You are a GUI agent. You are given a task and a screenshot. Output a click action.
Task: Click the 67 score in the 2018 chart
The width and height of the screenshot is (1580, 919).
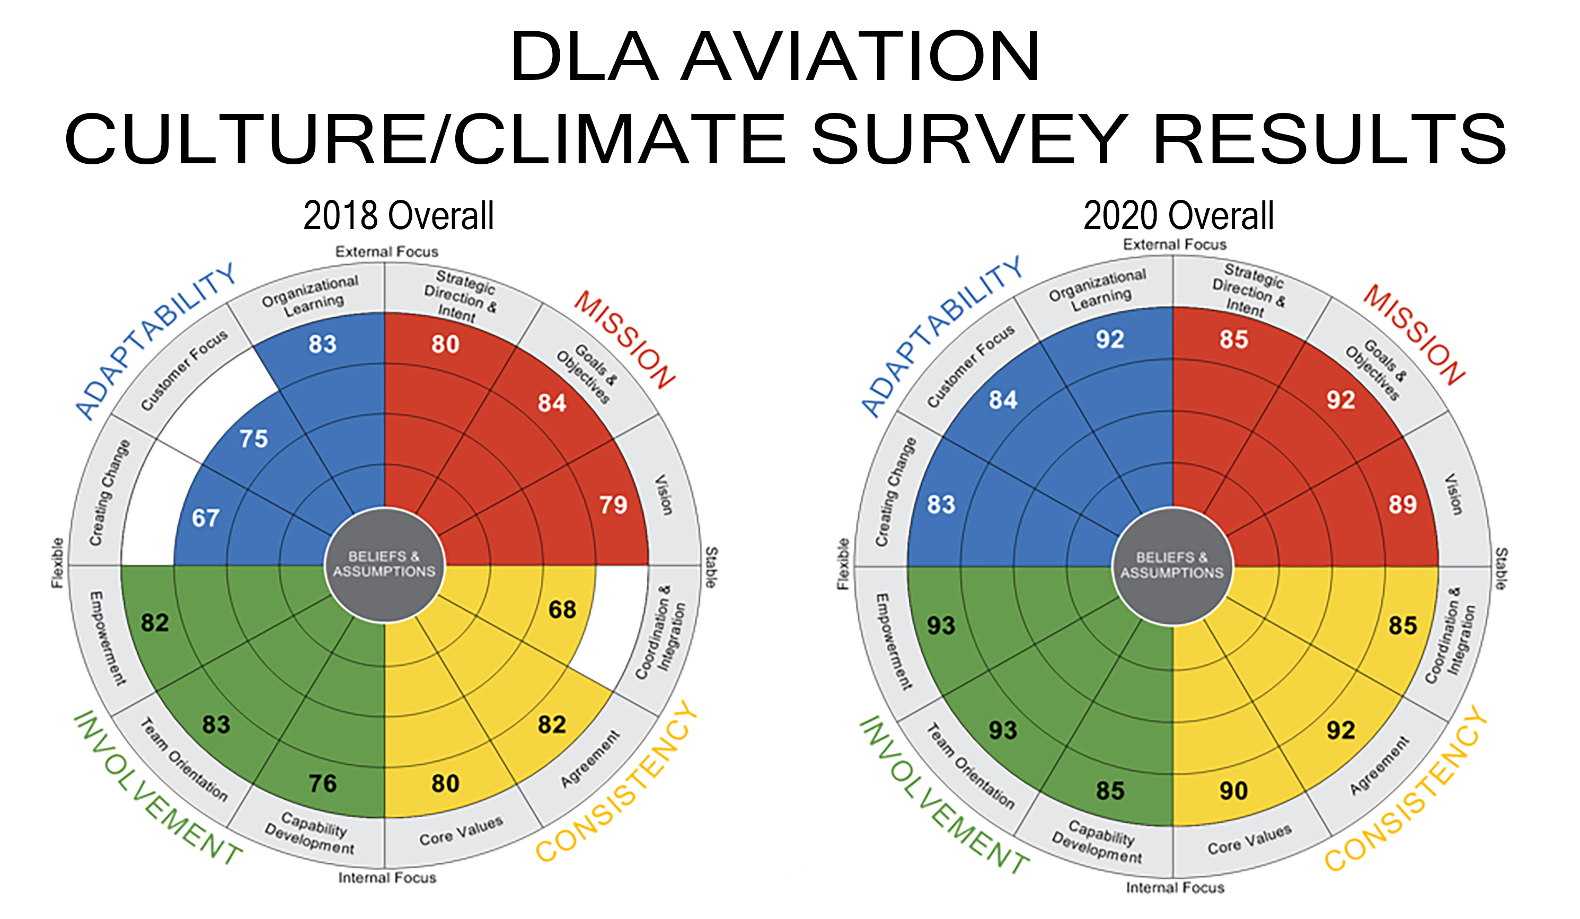[206, 518]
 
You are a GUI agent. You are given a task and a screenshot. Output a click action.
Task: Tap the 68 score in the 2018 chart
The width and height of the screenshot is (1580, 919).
[562, 609]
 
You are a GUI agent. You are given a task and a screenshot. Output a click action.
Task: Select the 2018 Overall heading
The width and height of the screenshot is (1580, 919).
[399, 216]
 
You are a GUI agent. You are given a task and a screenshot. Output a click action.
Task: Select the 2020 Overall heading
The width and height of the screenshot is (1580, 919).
[1178, 216]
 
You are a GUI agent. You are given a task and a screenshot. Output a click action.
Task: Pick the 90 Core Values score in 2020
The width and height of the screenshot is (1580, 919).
[1233, 791]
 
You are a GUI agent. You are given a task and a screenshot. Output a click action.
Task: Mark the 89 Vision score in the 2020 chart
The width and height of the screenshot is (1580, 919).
[1402, 505]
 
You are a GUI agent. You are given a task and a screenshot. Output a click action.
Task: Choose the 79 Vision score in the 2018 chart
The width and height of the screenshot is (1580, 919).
[613, 505]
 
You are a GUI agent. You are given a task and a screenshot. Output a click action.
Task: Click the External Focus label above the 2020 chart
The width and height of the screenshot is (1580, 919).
[1175, 244]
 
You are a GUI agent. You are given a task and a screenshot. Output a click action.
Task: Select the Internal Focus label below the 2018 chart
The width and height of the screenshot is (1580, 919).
[387, 878]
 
